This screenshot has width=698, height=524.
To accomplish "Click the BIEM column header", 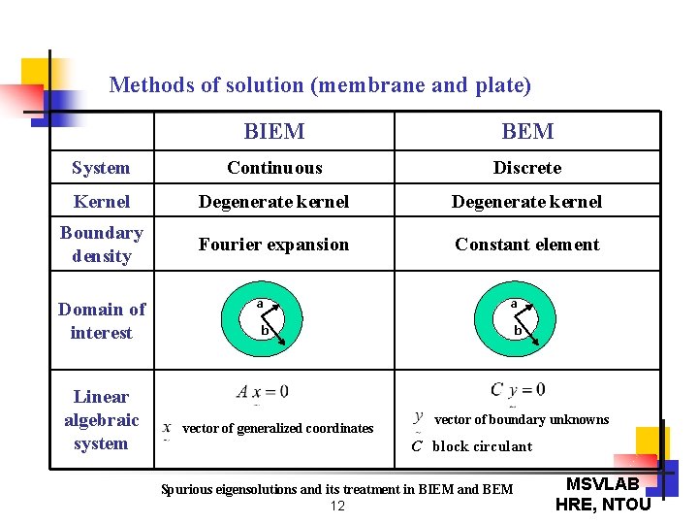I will tap(274, 132).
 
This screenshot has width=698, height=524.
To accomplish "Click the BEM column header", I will tap(527, 132).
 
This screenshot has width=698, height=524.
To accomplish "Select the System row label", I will tap(101, 168).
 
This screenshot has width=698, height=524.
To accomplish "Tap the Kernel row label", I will tap(101, 202).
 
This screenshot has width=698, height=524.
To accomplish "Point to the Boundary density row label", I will tap(101, 245).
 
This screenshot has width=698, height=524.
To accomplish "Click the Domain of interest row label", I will tap(101, 321).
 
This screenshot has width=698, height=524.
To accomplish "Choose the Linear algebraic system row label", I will tap(101, 420).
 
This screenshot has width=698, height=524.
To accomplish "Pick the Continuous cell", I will tap(274, 168).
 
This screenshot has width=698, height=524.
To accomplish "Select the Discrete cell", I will tap(527, 168).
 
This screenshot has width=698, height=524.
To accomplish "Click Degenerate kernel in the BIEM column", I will tap(274, 202).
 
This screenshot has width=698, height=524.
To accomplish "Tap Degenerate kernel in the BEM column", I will tap(527, 202).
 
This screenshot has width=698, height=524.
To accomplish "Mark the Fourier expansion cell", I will tap(274, 245).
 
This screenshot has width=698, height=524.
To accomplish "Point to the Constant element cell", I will tap(527, 245).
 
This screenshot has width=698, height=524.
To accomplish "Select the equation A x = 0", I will tap(262, 392).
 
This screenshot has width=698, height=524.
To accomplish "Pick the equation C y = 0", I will tap(518, 390).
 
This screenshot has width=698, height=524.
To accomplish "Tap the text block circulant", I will tap(482, 447).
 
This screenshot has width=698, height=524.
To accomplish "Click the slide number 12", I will tap(337, 507).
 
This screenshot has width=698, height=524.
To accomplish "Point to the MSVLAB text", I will tap(602, 483).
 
